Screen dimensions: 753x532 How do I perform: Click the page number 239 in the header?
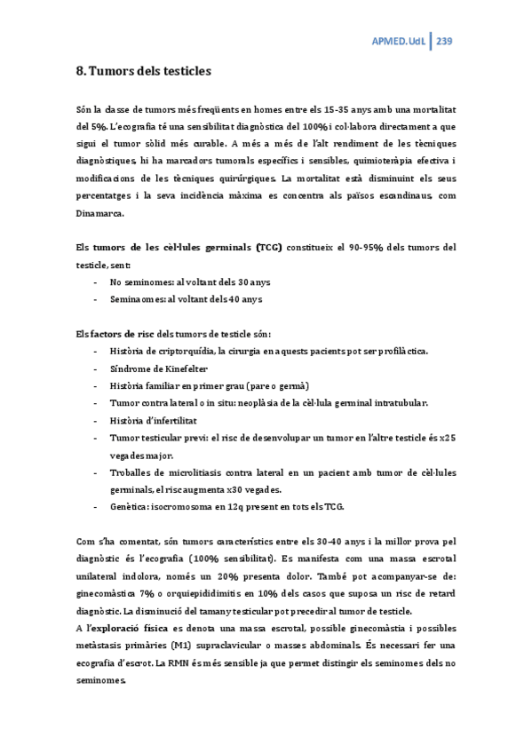tap(446, 41)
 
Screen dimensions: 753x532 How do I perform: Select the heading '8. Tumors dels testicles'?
tap(144, 69)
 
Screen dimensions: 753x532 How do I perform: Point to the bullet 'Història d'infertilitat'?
tap(155, 420)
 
